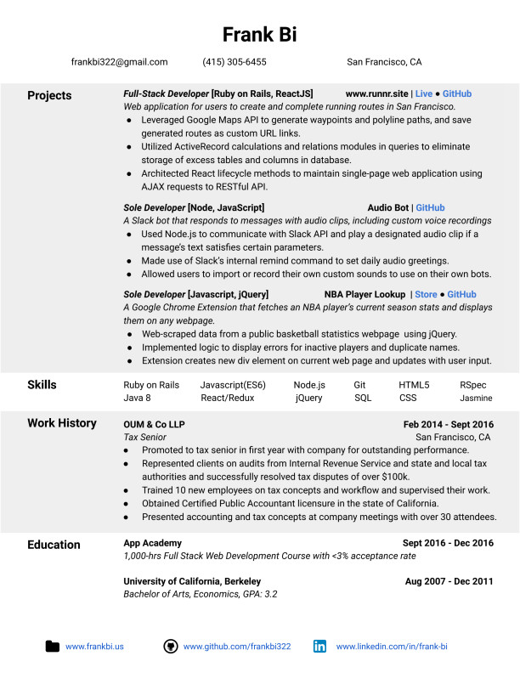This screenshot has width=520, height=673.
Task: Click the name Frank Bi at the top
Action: (x=259, y=34)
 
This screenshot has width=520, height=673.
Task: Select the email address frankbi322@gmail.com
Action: (x=119, y=62)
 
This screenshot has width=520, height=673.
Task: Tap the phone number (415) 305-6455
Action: (x=234, y=62)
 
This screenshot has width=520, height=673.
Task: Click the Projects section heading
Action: (x=49, y=95)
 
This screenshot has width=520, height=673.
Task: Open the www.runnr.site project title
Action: (x=376, y=94)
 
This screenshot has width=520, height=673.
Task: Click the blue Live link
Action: (x=423, y=94)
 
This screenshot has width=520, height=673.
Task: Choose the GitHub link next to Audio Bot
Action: (x=429, y=207)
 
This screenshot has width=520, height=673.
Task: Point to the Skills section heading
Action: (x=42, y=385)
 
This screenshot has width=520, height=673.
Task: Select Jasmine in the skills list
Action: (x=476, y=398)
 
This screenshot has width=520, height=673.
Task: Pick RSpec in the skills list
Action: (x=474, y=385)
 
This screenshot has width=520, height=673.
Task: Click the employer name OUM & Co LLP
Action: (x=154, y=424)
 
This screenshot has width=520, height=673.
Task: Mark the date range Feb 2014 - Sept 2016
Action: (x=448, y=424)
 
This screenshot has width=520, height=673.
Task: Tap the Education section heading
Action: (x=54, y=545)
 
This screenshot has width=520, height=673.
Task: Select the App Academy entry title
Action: (x=152, y=543)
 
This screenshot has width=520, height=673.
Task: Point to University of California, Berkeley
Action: (x=192, y=581)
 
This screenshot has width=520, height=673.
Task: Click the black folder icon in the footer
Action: (x=53, y=647)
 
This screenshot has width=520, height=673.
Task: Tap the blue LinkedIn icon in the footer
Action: (x=319, y=647)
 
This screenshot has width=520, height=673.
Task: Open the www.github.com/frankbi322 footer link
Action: (x=237, y=647)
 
